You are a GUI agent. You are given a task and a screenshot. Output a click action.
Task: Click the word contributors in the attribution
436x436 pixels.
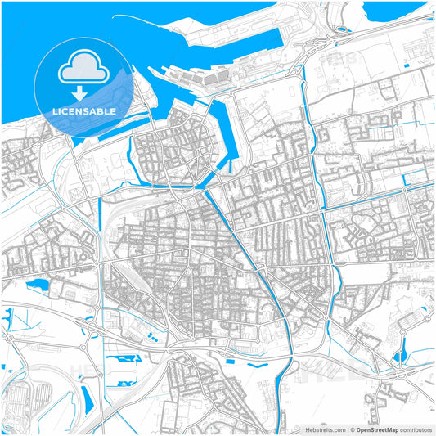pos(416,429)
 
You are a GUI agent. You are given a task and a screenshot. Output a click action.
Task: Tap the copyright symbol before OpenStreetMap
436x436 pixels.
pos(352,429)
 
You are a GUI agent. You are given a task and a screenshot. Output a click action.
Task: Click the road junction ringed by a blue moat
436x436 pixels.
pos(400,357)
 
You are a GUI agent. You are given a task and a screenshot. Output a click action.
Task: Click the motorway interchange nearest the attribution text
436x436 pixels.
pos(400,372)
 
